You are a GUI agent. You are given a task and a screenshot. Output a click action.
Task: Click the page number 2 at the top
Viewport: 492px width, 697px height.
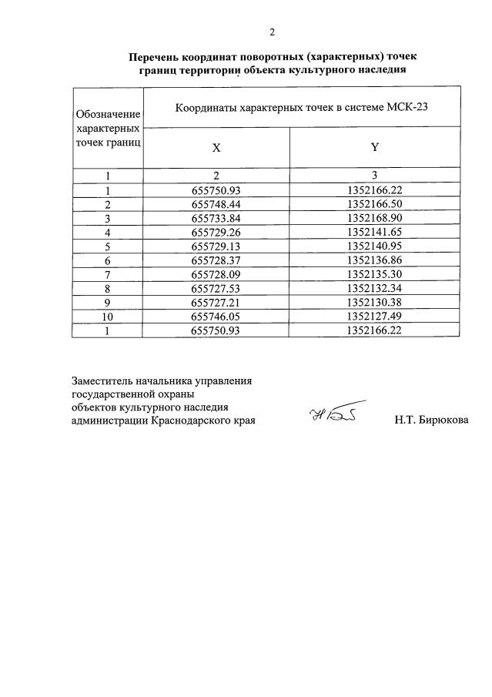coord(272,32)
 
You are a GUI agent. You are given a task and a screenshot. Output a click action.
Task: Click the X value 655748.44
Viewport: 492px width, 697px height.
coord(216,204)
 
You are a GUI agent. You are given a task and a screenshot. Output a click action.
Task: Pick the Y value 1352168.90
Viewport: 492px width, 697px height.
coord(375,218)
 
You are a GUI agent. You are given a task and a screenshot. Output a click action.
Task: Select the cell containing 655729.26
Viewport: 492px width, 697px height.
coord(216,232)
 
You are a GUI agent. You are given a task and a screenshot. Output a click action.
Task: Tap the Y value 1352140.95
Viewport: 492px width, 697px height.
coord(375,246)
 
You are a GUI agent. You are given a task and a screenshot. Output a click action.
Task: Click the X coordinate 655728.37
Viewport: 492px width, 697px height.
coord(216,260)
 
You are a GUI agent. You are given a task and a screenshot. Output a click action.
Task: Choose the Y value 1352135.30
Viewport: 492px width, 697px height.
coord(375,274)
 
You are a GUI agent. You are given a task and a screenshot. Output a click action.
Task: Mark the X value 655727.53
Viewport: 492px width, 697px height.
coord(216,288)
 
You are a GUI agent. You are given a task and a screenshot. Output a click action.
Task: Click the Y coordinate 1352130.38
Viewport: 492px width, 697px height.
coord(375,302)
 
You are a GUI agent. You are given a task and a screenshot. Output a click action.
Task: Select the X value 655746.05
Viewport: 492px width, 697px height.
coord(216,316)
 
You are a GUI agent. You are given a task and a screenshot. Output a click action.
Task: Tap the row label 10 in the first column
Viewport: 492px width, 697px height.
coord(109,316)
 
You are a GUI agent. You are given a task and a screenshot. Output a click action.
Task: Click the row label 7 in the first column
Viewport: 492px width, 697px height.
coord(109,274)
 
